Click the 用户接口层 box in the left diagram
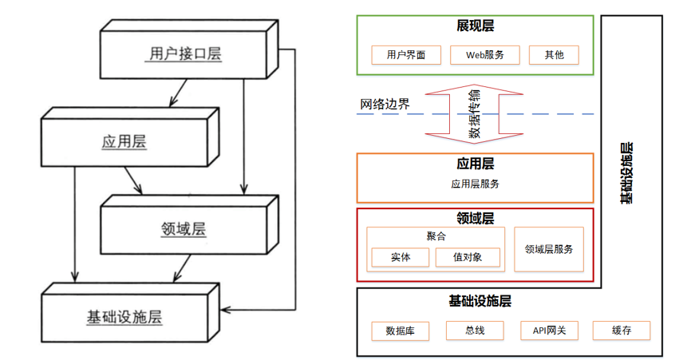pos(185,54)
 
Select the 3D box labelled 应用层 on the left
pos(124,142)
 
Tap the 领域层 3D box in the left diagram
pos(184,229)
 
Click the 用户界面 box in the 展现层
pos(405,55)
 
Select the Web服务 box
pos(484,55)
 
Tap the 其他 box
pos(554,55)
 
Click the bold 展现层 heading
pos(475,26)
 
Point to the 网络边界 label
pos(385,105)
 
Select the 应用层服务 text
pos(475,184)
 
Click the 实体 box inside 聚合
pos(401,257)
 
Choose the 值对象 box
pos(468,257)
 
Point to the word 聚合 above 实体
pos(436,236)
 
